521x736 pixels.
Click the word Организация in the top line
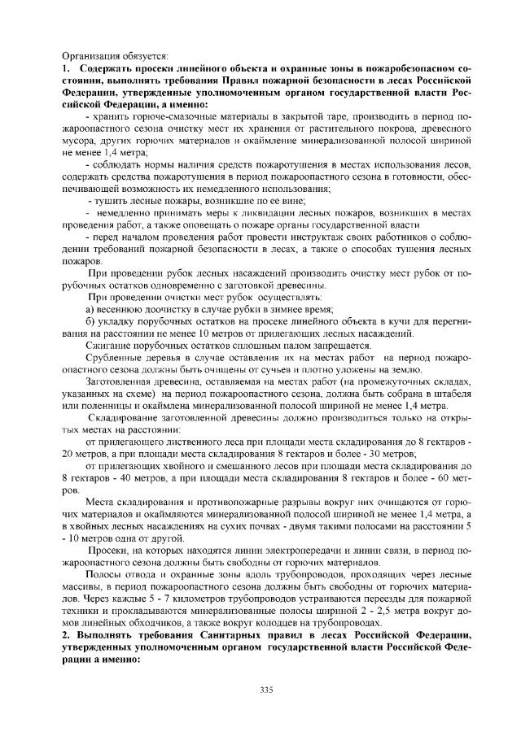click(90, 56)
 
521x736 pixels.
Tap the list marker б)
click(92, 323)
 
